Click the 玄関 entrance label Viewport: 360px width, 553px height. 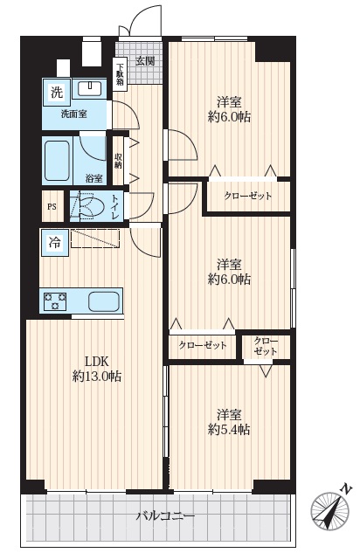click(x=145, y=61)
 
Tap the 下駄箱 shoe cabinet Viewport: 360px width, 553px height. click(x=120, y=74)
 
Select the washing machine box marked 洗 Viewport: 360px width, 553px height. click(x=57, y=92)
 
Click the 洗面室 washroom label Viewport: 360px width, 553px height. click(x=74, y=114)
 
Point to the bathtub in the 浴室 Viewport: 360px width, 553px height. click(x=57, y=161)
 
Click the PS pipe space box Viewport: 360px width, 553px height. click(x=52, y=207)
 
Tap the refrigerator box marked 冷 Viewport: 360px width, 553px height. click(x=54, y=243)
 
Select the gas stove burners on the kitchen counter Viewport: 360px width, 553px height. click(x=55, y=301)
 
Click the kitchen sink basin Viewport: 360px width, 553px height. click(x=104, y=301)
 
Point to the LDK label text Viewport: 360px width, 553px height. click(x=97, y=362)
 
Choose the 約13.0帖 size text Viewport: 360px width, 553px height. click(x=97, y=377)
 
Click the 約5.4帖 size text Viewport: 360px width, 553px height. click(x=229, y=430)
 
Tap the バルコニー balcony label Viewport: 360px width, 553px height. click(x=165, y=516)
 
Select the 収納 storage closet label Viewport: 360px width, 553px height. click(x=118, y=161)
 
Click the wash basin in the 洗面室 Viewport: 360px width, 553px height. click(x=89, y=88)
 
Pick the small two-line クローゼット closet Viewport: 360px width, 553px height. click(x=266, y=346)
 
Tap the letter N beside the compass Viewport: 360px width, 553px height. click(x=347, y=489)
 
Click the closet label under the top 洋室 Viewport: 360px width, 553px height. click(x=248, y=196)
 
